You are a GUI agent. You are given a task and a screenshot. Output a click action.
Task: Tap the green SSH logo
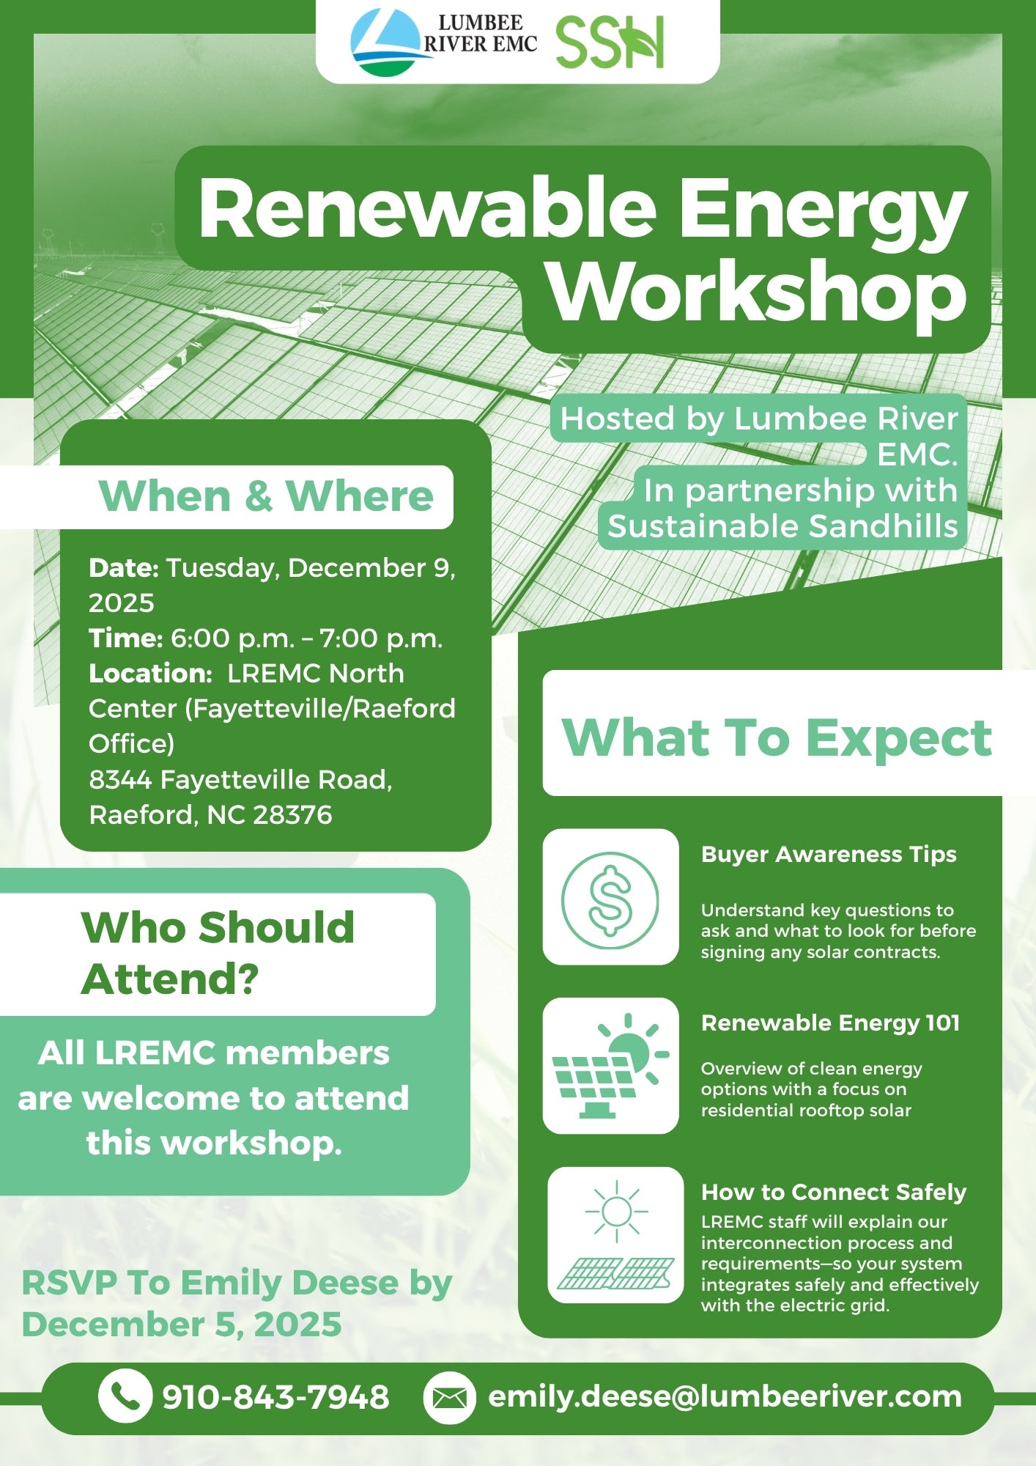coord(610,43)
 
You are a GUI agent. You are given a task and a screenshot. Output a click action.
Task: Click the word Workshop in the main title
coord(758,291)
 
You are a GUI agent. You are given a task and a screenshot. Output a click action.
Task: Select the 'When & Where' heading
coord(266,496)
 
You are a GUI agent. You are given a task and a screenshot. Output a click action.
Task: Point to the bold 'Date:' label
coord(124,567)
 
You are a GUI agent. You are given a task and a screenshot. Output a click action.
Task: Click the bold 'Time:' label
coord(125,638)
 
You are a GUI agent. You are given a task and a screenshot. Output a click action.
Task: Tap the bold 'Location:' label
coord(150,673)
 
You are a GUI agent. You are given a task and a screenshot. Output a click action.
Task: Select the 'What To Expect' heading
coord(777,737)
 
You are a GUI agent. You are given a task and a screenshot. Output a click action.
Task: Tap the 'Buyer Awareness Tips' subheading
coord(829,855)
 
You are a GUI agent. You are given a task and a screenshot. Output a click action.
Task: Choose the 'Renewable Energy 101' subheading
coord(830,1023)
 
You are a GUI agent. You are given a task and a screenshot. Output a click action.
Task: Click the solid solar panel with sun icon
coord(610,1066)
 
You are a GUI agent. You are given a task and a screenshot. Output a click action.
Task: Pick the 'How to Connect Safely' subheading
coord(834,1192)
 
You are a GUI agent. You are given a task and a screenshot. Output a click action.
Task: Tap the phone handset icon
coord(125,1396)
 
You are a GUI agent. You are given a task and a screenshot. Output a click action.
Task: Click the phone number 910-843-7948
coord(275,1397)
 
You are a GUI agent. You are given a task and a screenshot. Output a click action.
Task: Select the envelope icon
coord(450,1397)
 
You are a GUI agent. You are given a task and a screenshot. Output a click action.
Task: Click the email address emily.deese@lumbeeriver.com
coord(725,1396)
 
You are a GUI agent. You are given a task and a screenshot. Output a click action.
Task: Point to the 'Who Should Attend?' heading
coord(218,953)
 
